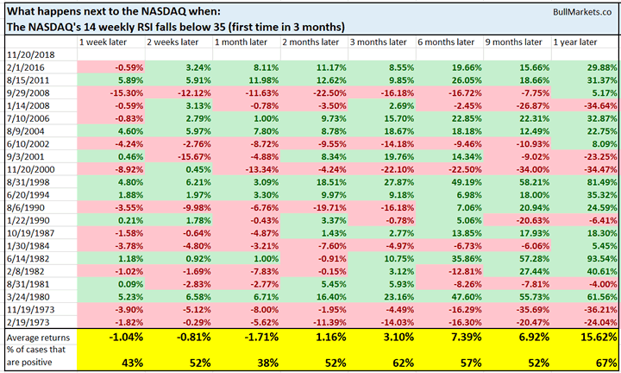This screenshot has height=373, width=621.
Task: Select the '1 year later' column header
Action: pos(574,41)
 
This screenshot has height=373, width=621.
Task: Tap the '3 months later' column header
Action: pos(373,41)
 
